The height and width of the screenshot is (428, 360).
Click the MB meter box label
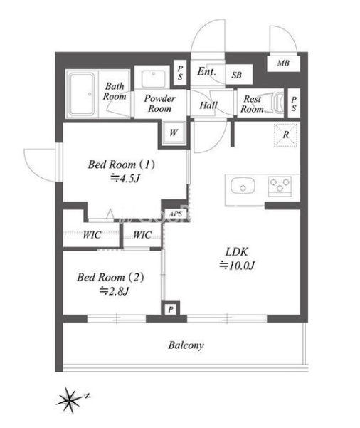(x=283, y=63)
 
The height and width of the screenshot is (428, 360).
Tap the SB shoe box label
(x=236, y=75)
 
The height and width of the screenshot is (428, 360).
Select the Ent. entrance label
(x=206, y=71)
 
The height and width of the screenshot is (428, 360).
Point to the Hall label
(x=208, y=105)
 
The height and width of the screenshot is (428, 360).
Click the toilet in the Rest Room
(x=276, y=103)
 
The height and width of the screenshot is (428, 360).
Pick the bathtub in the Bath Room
(x=82, y=94)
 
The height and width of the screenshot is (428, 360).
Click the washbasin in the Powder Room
(x=154, y=78)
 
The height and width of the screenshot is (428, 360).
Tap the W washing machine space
(x=174, y=133)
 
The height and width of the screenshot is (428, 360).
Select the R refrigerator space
(x=285, y=135)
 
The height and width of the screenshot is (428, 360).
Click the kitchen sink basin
(x=243, y=186)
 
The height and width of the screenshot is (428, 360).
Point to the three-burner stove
(x=280, y=186)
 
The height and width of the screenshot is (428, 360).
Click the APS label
(x=175, y=214)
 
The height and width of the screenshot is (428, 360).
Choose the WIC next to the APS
(x=142, y=235)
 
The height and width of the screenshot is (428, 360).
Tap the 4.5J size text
(x=125, y=179)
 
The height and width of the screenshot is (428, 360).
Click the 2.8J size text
(x=115, y=291)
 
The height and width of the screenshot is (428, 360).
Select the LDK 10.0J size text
(x=237, y=265)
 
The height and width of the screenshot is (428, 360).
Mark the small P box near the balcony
(x=171, y=309)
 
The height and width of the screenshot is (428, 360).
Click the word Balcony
(x=186, y=345)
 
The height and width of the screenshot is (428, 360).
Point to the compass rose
(x=69, y=400)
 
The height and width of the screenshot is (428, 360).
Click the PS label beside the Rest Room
(x=294, y=104)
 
